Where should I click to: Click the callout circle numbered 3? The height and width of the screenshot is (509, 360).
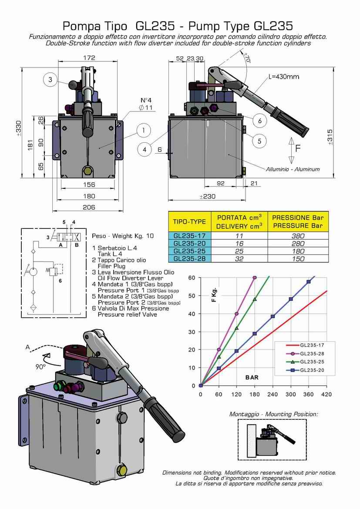[50, 79]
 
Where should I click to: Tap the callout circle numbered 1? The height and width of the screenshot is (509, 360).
[143, 130]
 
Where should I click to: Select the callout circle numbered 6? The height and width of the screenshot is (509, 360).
[259, 121]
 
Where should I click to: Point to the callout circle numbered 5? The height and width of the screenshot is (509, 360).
[259, 141]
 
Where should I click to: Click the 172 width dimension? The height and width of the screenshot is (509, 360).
[89, 58]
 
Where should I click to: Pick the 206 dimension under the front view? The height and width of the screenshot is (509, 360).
[89, 208]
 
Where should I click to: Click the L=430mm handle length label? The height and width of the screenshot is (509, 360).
[283, 77]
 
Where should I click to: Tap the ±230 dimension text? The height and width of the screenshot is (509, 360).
[207, 197]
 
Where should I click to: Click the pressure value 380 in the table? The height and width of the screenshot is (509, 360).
[298, 236]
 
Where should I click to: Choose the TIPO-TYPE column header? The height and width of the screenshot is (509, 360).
[189, 221]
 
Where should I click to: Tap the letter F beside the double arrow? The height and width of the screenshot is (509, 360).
[298, 148]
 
